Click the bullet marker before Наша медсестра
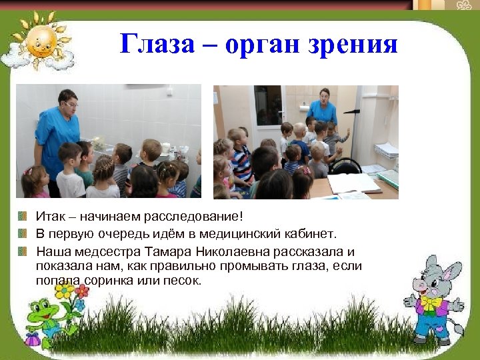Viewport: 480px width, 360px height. coord(23,251)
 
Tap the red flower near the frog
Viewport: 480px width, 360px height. coord(81,291)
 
